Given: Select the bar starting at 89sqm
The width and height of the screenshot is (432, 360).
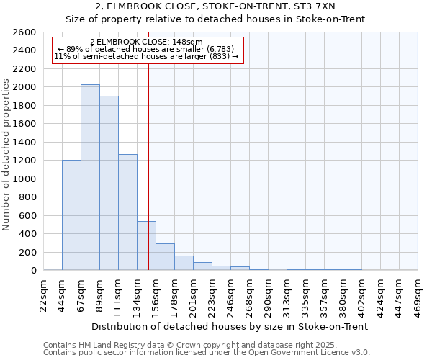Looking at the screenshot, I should [x=109, y=183].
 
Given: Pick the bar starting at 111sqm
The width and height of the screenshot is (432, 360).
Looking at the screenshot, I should [x=127, y=212].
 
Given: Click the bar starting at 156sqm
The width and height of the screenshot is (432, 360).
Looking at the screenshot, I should [x=165, y=257].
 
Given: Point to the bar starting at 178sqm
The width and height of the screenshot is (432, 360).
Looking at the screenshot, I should [x=184, y=263].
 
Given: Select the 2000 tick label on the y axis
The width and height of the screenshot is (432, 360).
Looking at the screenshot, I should [x=25, y=87].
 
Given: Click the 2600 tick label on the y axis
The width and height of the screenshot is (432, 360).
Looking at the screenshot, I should [x=25, y=32].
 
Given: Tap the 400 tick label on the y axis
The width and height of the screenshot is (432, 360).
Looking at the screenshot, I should [x=28, y=234].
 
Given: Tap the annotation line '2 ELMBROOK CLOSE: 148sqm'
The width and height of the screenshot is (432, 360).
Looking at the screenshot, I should [x=146, y=42].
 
